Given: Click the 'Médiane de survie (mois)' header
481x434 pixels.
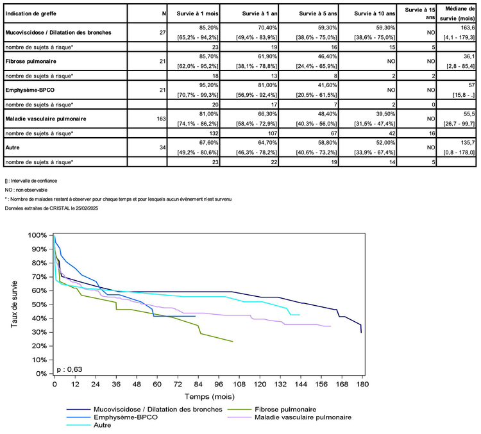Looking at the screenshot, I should [459, 13].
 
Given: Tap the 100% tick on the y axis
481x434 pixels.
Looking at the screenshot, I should [39, 236].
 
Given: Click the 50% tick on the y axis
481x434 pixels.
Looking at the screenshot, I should [40, 305].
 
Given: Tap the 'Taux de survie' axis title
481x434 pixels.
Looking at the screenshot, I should [15, 305].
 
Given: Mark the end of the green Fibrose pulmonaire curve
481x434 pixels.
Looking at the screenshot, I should [232, 342].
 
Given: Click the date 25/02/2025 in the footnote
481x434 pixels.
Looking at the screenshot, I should [87, 208].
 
